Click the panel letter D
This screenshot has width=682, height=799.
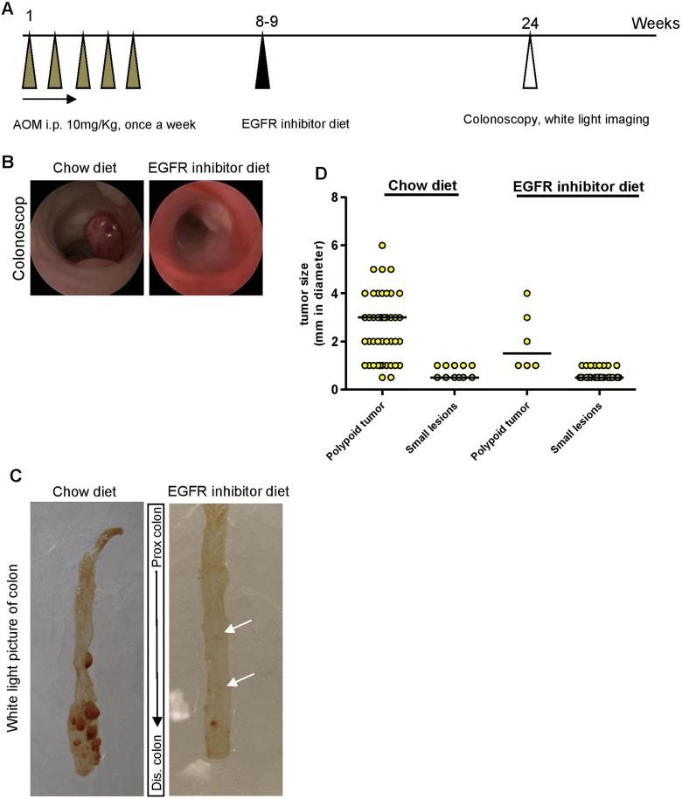(x=320, y=172)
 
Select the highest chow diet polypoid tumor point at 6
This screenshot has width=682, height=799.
(x=382, y=246)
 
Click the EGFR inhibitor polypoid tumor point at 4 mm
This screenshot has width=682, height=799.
(x=527, y=294)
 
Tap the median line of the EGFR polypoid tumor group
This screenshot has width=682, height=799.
(x=527, y=353)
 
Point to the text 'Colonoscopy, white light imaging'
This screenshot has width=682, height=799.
(x=555, y=120)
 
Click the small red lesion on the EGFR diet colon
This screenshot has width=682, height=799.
(x=214, y=722)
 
